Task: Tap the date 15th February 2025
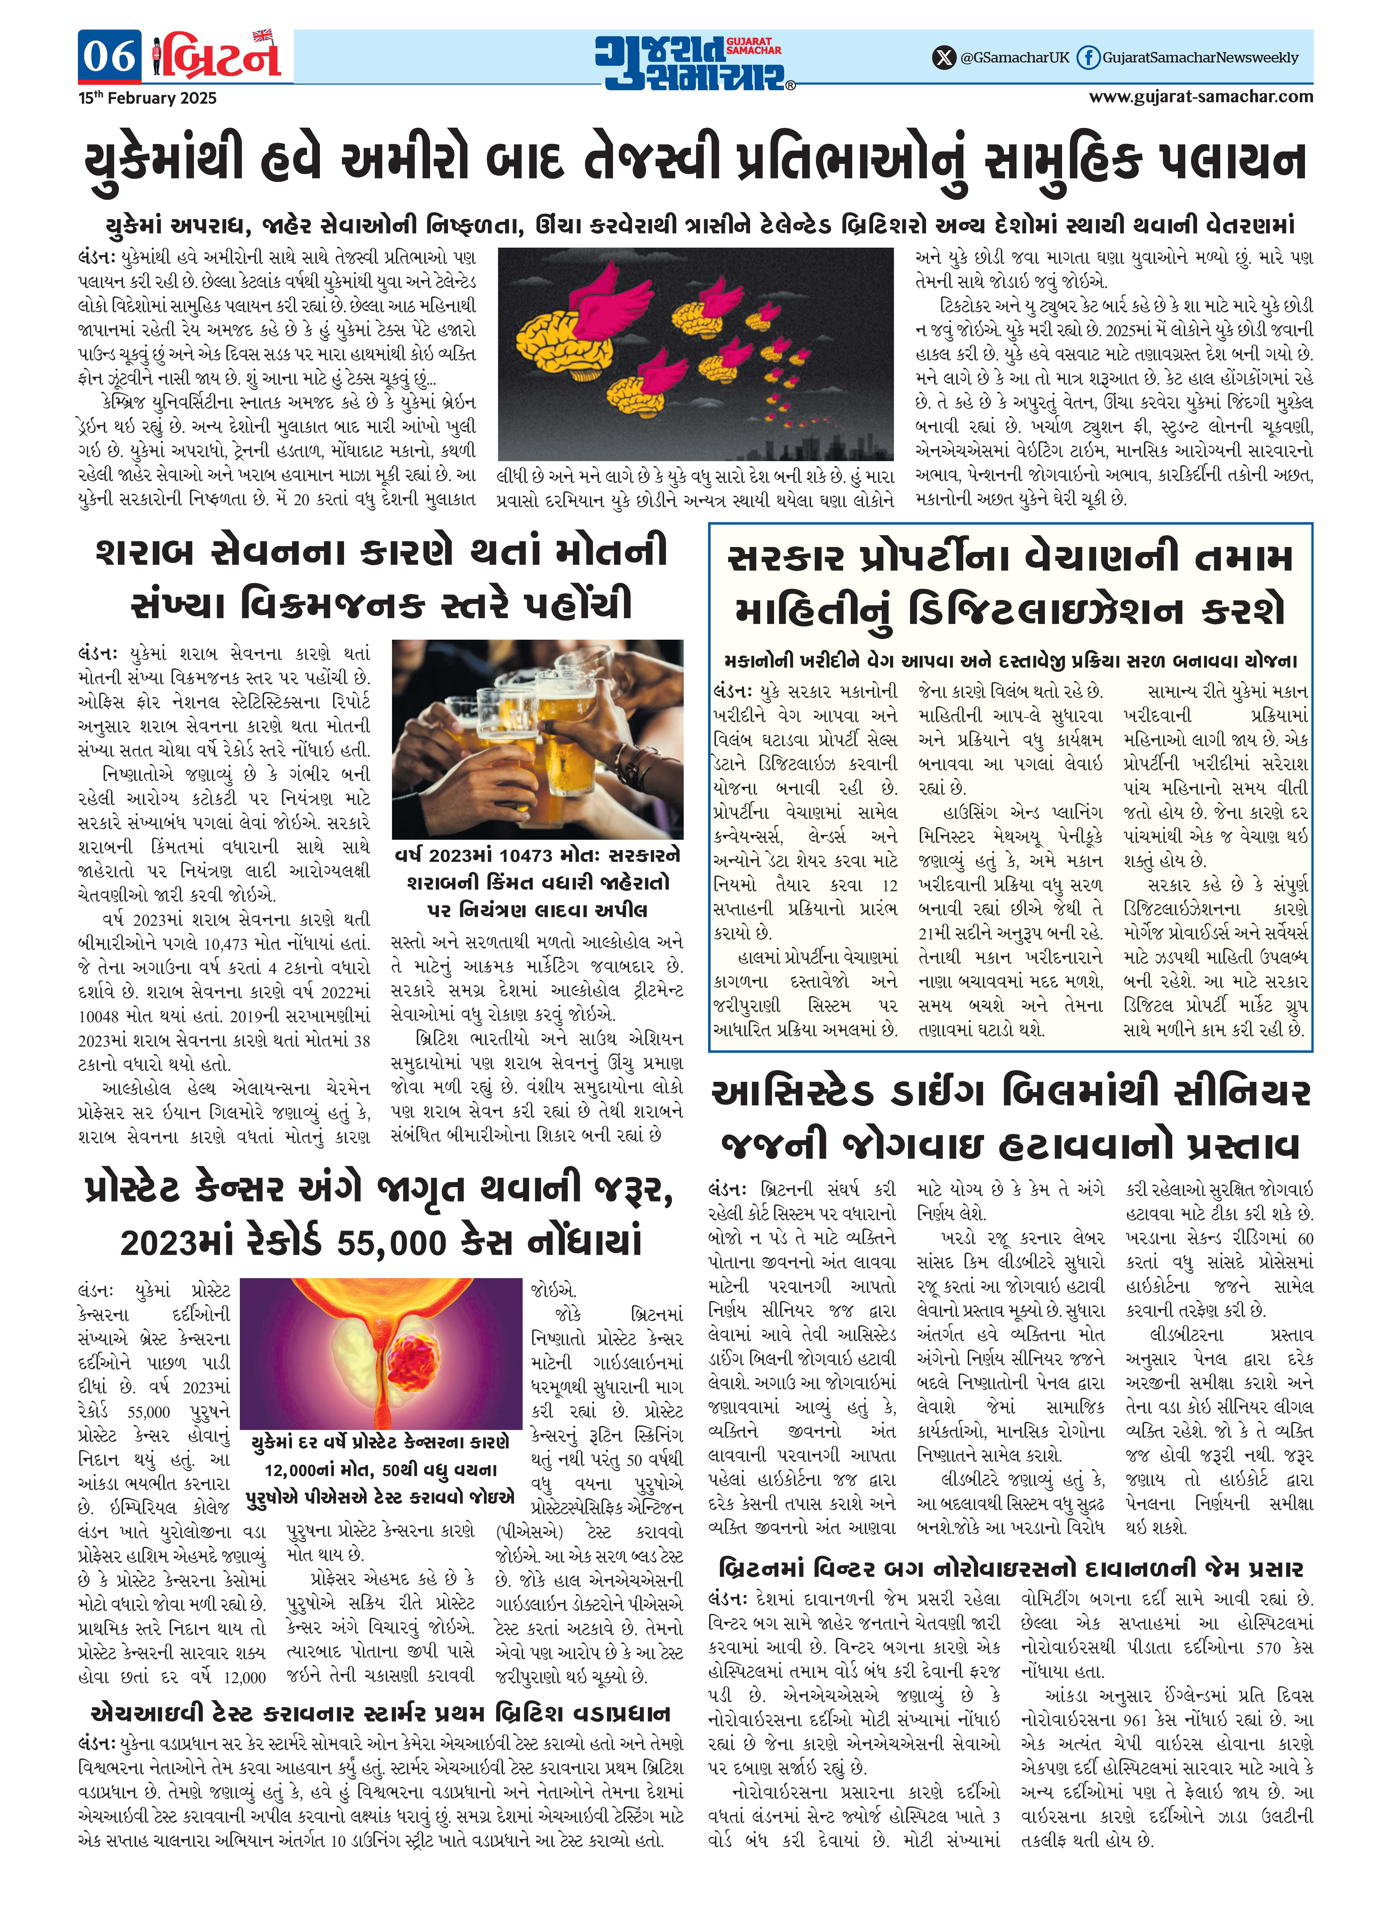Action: click(147, 98)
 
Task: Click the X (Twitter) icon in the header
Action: click(944, 57)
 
